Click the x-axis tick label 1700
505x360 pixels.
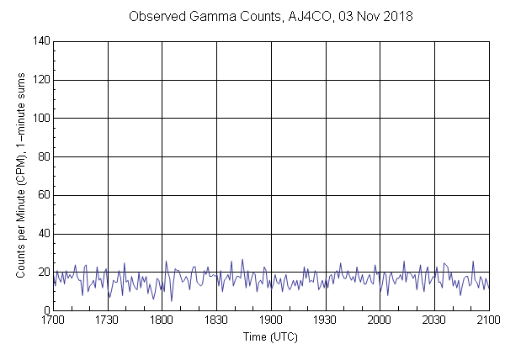tap(53, 320)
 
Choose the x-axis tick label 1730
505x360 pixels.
tap(107, 320)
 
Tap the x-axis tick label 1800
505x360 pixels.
tap(162, 320)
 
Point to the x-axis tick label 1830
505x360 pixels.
tap(216, 320)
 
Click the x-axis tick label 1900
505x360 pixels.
tap(271, 320)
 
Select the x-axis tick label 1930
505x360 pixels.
tap(325, 320)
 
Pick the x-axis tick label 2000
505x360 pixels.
tap(380, 320)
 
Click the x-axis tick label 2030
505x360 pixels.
tap(434, 320)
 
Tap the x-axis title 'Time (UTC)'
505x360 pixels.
tap(270, 336)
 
